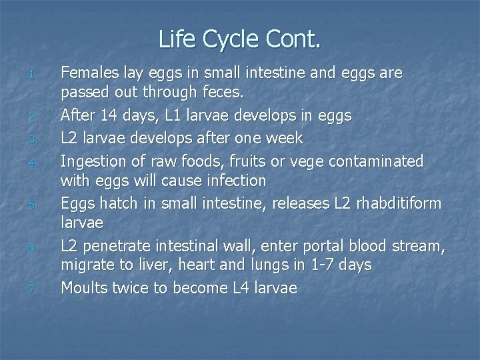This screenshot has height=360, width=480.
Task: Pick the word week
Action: click(284, 138)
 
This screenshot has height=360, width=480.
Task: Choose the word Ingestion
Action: click(94, 161)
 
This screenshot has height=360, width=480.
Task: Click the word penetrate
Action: click(115, 247)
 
